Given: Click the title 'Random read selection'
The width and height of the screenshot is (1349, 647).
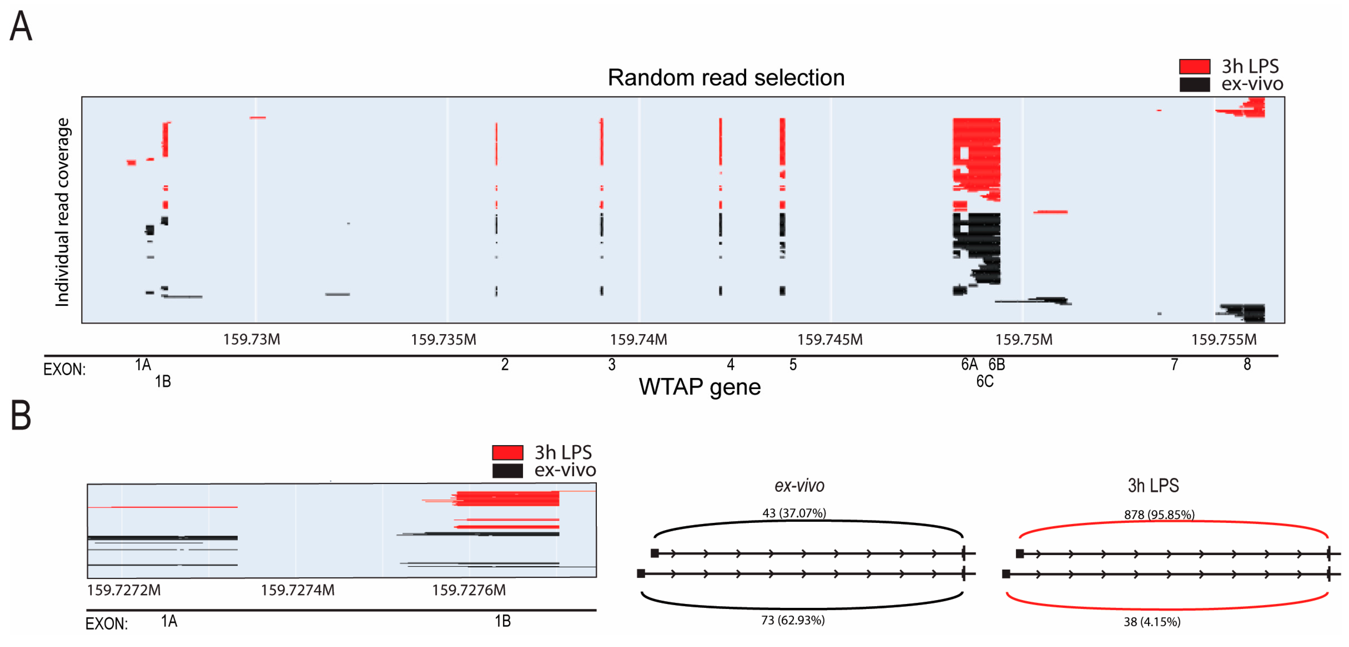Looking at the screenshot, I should pos(726,77).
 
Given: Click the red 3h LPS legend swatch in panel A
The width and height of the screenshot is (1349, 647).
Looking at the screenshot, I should pos(1194,67).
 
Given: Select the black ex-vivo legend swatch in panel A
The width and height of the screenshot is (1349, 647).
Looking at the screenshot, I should pos(1194,84).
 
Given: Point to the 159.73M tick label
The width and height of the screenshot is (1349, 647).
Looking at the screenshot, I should pos(251,340).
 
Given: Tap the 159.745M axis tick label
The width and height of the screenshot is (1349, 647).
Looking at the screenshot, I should pos(830,340).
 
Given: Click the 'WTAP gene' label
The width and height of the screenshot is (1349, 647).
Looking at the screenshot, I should pos(700,387).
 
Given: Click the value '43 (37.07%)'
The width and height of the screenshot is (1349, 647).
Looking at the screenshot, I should pos(794,513).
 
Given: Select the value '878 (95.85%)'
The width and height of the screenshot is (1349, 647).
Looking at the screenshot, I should pos(1159,515).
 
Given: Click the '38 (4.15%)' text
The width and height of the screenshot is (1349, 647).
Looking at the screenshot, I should pos(1152,622).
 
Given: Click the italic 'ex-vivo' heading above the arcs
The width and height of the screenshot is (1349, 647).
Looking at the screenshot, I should pos(799,486).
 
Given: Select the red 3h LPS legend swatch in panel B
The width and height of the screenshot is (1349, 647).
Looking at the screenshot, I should pos(507,452).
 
